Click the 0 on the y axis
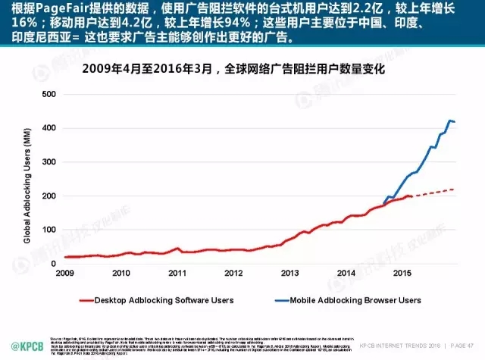(52, 263)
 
